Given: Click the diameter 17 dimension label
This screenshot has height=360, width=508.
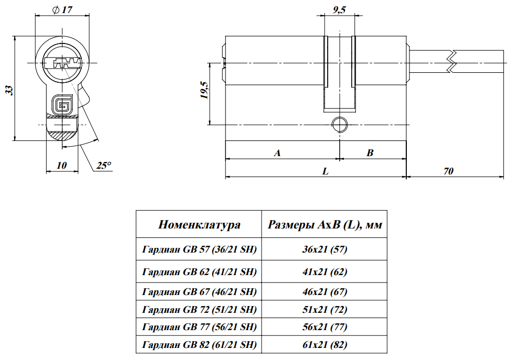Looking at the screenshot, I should pos(62,9).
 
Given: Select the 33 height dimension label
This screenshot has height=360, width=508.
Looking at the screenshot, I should pos(9,90).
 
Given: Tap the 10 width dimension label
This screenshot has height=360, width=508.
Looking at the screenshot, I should pos(62,165).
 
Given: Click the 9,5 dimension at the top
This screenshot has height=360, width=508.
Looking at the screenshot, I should pos(339,9).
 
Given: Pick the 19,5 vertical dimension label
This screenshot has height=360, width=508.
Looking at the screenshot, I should pos(204,90).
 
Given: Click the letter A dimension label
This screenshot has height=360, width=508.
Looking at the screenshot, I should pos(278,153).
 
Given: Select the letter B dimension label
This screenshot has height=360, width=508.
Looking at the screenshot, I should pos(370,153).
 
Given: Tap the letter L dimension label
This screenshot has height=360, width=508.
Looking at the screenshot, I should pos(326,171).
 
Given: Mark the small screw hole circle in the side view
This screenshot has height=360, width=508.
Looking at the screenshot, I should pos(339,125).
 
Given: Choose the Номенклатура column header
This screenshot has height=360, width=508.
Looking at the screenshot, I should pos(199,225).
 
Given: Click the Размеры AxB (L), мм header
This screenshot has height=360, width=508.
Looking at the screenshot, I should pos(325,225).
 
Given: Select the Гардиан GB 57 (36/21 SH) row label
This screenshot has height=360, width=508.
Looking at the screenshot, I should pos(199,250).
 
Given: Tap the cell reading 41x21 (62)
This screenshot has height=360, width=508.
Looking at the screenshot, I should pos(325,272).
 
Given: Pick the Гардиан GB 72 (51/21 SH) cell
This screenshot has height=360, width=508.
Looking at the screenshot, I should pos(199,309).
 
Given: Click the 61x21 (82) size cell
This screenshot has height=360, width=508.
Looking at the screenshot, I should pos(325,344).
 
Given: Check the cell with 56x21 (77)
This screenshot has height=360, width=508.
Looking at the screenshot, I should pos(325,327).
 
